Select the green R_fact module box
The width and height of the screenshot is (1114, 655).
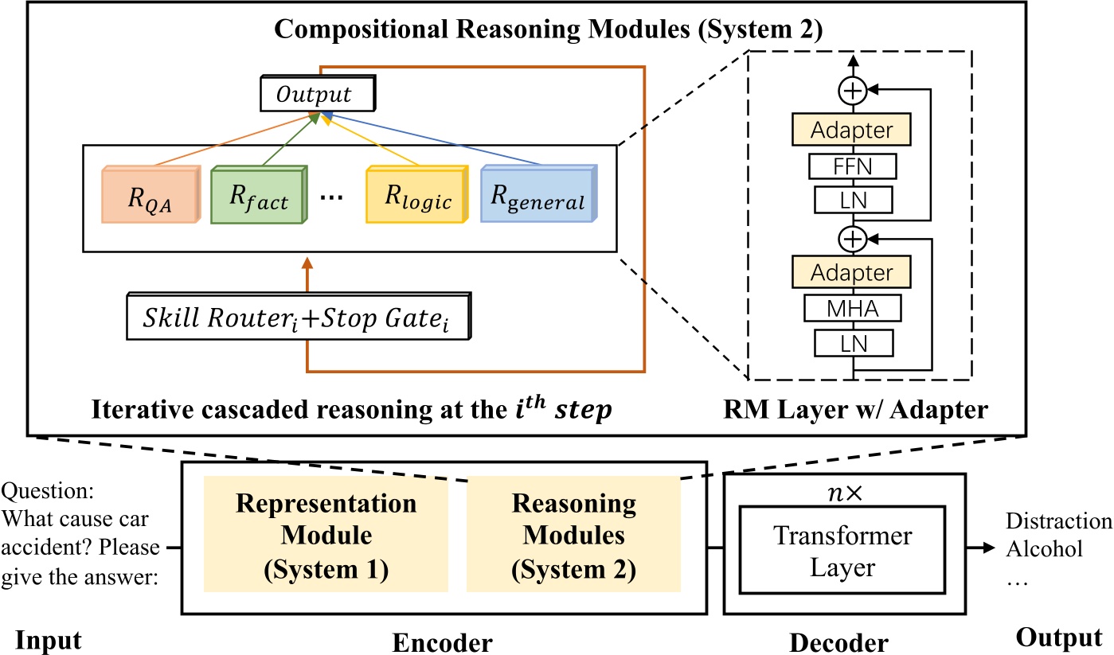click(256, 196)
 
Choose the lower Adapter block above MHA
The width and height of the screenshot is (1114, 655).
click(851, 273)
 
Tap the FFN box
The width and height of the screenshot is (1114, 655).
click(851, 166)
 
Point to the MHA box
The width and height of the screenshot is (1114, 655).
click(851, 308)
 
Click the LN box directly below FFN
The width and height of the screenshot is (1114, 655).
click(851, 199)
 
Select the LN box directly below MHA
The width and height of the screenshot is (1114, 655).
click(851, 342)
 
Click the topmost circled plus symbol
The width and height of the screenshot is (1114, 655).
click(852, 92)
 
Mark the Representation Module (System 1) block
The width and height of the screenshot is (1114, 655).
click(326, 534)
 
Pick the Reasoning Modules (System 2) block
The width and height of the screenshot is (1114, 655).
click(573, 534)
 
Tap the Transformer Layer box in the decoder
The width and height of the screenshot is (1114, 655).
click(843, 552)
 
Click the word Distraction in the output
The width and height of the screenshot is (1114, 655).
click(1058, 521)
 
